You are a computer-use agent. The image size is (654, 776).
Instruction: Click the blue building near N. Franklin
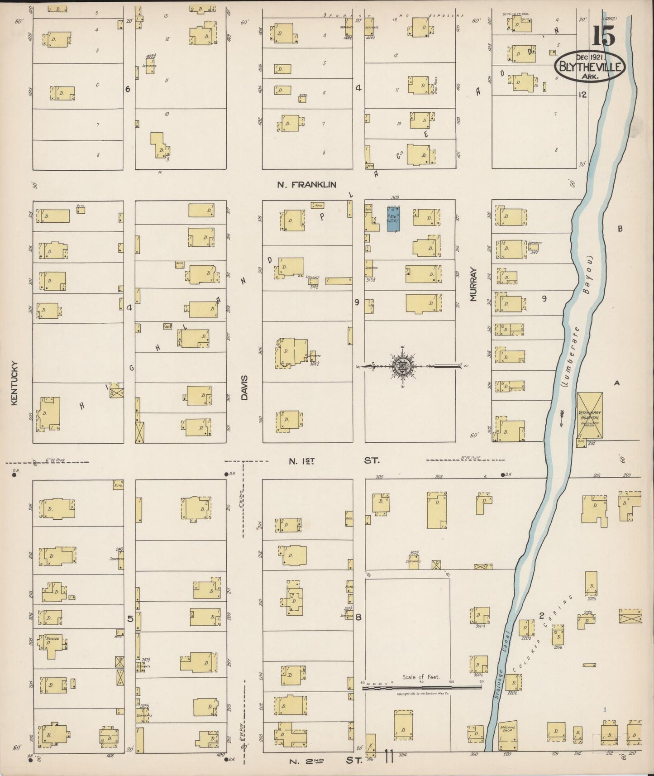[394, 219]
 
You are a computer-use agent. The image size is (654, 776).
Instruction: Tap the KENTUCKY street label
[14, 383]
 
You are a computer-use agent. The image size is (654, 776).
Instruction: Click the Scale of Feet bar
[421, 687]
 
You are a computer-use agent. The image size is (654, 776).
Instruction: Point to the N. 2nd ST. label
[326, 761]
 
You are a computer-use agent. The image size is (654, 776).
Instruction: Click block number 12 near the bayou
[582, 95]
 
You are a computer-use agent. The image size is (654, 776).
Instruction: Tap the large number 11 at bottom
[388, 757]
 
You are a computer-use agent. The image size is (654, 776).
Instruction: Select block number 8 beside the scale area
[358, 618]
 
